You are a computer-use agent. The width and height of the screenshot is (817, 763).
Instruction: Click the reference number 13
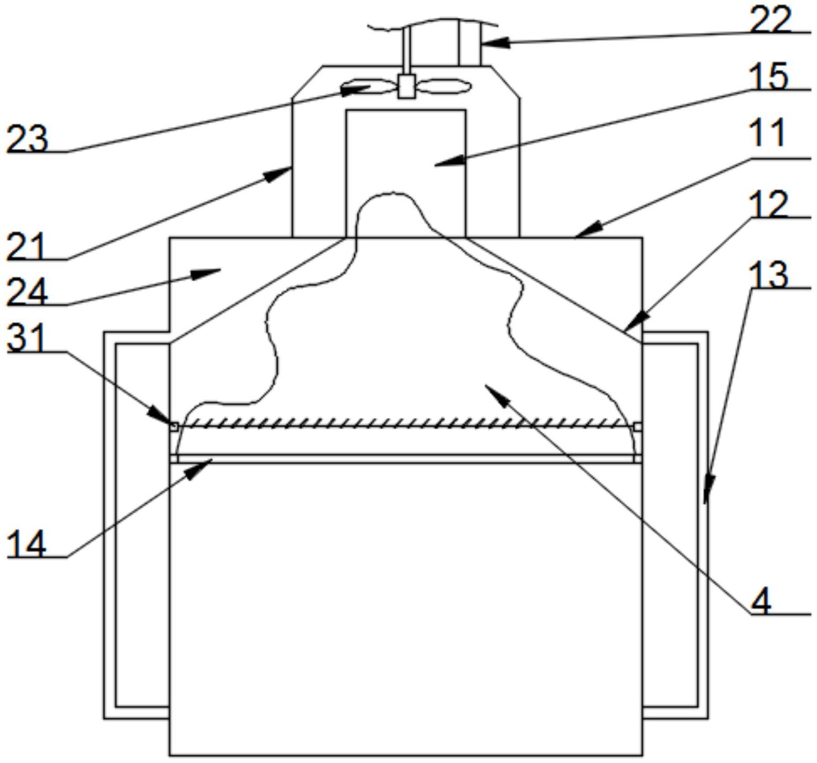tap(768, 274)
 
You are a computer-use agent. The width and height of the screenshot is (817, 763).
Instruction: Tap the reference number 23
tap(27, 138)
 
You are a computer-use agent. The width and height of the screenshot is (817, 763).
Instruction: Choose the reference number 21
tap(25, 246)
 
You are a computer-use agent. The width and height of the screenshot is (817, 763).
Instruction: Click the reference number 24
tap(27, 291)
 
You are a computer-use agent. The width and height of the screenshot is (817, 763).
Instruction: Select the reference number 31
tap(26, 337)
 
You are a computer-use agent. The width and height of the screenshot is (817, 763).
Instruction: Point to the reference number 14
tap(26, 544)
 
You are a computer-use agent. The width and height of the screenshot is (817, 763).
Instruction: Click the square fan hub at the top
tap(406, 86)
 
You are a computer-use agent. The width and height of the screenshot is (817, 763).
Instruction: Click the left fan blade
tap(370, 87)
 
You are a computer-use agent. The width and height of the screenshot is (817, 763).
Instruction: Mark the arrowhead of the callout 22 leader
tap(496, 42)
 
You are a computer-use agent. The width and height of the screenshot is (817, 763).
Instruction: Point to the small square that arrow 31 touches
tap(174, 426)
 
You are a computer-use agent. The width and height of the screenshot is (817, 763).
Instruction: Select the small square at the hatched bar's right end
tap(638, 426)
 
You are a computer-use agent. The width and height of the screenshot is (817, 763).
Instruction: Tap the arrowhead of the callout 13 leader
tap(708, 489)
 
